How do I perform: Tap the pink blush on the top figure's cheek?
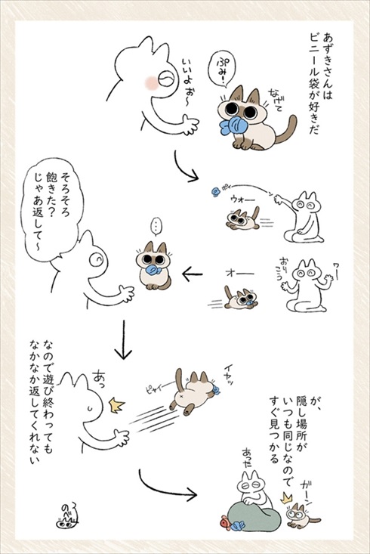[151, 79]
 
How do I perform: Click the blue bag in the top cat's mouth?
[236, 128]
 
